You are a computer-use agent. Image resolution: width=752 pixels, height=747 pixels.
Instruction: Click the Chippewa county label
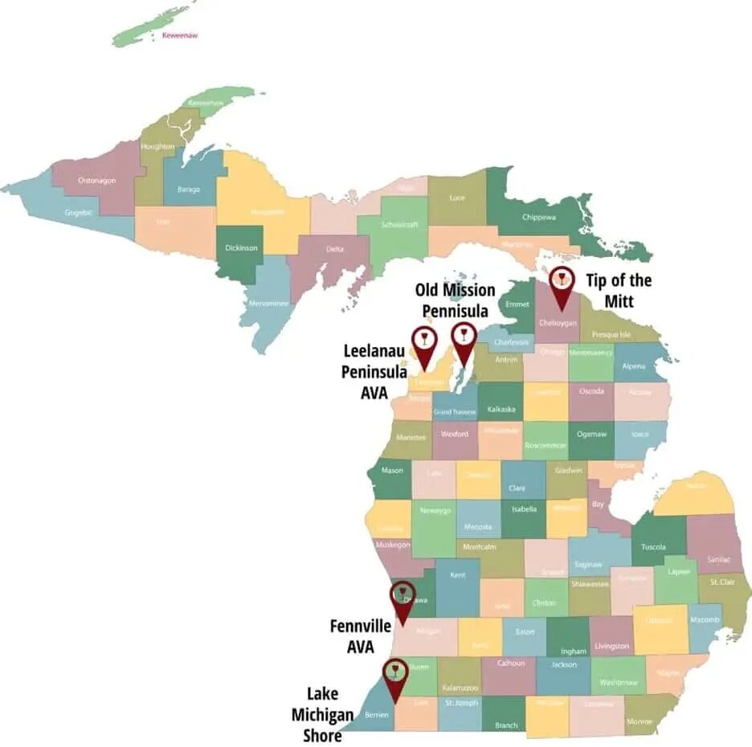point(539,217)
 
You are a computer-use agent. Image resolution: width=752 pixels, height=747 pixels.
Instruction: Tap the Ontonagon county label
point(96,180)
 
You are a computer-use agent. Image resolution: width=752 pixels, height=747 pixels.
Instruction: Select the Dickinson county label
point(241,248)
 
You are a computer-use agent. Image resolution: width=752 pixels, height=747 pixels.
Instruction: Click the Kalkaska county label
point(501,409)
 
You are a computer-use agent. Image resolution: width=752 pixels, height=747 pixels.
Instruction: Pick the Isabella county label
point(523,508)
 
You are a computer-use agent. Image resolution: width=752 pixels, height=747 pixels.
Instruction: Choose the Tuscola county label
point(653,547)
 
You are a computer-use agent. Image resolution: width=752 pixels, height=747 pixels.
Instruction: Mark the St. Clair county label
point(721,581)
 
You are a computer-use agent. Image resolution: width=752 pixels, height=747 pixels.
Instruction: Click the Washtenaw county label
point(618,683)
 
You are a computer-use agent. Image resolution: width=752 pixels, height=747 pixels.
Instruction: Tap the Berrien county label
point(377,713)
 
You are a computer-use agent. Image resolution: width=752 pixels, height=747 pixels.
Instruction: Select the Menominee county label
point(269,304)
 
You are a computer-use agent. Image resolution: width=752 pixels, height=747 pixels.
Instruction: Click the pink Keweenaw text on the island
point(179,35)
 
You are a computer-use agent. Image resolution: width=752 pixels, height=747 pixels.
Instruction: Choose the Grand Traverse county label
point(455,412)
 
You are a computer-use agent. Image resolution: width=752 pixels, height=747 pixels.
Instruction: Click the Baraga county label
point(188,190)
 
